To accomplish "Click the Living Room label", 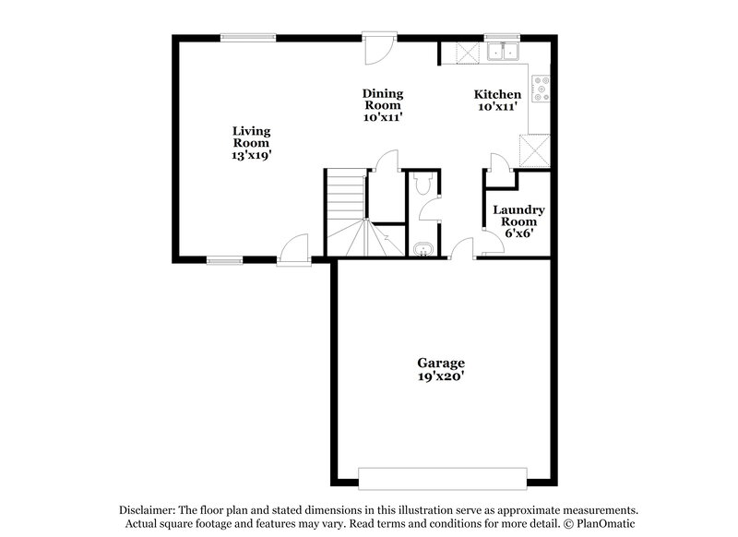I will coord(251,143).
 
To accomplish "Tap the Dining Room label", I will coord(382,105).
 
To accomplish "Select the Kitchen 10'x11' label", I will coord(497,101).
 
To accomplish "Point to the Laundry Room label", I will coord(518,221).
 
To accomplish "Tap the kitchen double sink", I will coord(504,53).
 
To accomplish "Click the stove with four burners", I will coord(542,90).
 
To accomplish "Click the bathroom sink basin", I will coord(423,249).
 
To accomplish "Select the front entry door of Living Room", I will coord(294,249).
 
